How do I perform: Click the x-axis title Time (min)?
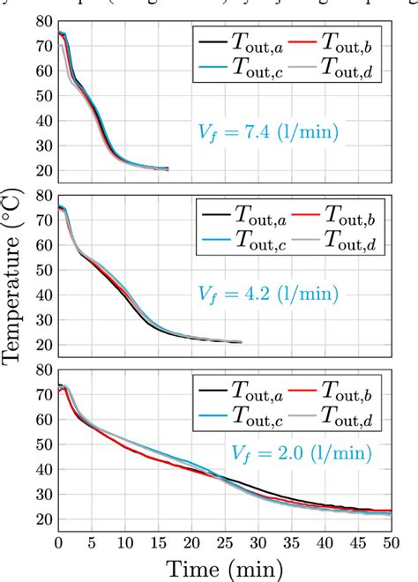(x=224, y=566)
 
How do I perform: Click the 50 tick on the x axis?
(x=391, y=542)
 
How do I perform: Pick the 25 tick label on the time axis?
(x=224, y=542)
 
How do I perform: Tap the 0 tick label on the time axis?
(x=58, y=542)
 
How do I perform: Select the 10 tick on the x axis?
(x=124, y=542)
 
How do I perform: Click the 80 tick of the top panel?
(x=41, y=20)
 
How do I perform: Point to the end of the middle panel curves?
(x=241, y=342)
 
